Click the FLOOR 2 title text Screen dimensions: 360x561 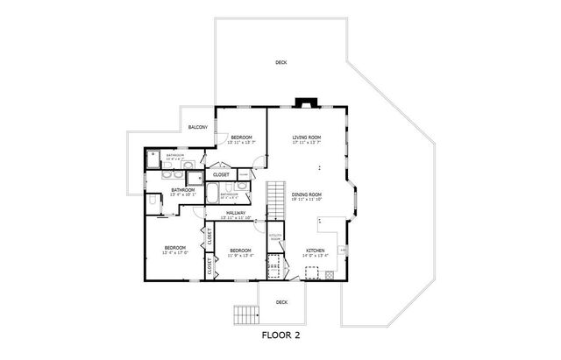[x=281, y=334]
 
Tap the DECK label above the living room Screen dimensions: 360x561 [x=280, y=62]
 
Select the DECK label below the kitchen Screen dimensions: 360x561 [x=281, y=302]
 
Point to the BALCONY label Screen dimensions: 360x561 [x=197, y=128]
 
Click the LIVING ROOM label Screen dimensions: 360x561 [x=307, y=138]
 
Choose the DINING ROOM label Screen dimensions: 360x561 [x=307, y=194]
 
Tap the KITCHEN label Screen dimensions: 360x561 [x=316, y=251]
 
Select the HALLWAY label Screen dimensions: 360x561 [x=235, y=213]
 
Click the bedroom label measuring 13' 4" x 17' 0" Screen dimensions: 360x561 [x=175, y=248]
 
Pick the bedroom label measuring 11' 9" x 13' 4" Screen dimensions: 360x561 [x=240, y=251]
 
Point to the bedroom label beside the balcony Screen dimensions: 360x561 [x=242, y=138]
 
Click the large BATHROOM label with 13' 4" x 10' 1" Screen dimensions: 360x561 [x=182, y=190]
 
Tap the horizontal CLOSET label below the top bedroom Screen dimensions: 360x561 [x=221, y=174]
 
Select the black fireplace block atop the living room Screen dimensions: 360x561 [x=306, y=102]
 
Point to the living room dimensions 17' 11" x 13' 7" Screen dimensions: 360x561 [x=307, y=143]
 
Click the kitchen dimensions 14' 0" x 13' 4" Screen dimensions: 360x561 [x=316, y=256]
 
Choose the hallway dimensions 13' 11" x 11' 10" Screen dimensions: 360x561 [x=235, y=218]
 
